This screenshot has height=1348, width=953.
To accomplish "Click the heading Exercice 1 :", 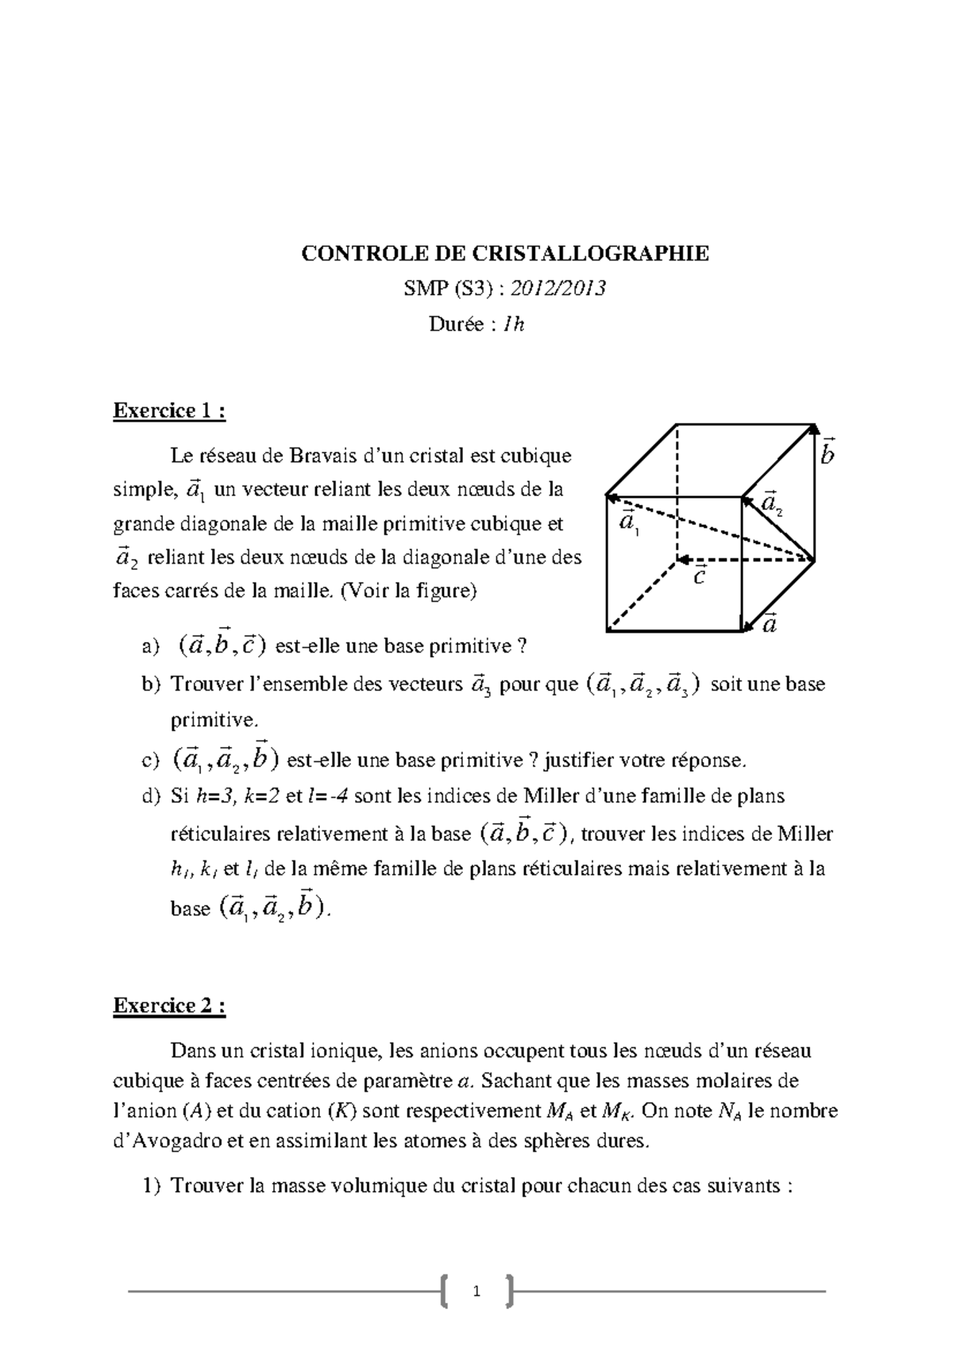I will point(169,410).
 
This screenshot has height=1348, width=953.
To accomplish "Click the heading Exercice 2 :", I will point(169,1006).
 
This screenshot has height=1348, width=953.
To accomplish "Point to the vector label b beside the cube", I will point(828,453).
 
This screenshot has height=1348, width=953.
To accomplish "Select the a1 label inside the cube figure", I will point(628,523).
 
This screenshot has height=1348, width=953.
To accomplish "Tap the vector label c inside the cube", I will point(699,576).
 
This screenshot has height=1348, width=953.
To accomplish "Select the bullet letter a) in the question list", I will point(150,647).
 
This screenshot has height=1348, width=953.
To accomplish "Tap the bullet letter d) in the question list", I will point(151,796).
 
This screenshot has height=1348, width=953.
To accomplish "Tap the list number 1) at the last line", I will point(151,1187).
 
